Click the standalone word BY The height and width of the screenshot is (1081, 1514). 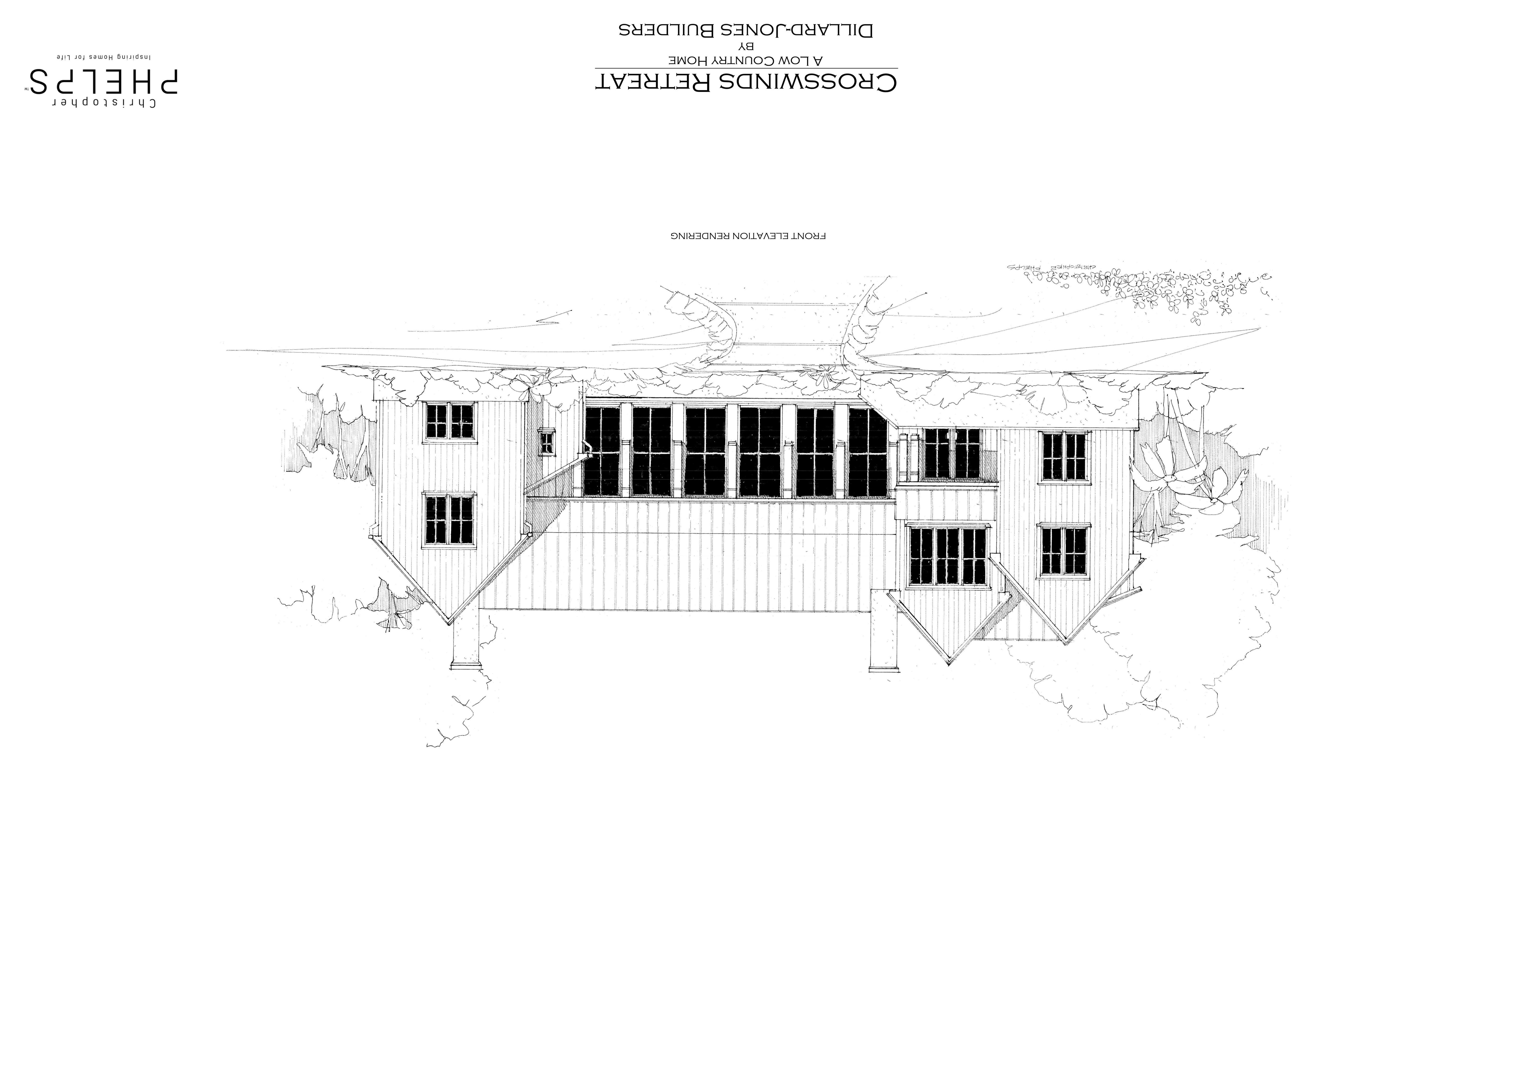pos(746,46)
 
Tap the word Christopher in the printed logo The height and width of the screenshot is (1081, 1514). pos(103,103)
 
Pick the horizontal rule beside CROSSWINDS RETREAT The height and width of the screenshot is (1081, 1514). pos(746,68)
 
